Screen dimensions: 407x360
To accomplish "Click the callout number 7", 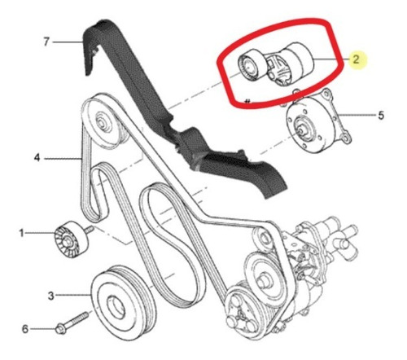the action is pyautogui.click(x=46, y=42).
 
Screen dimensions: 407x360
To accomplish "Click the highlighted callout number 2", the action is pyautogui.click(x=356, y=59).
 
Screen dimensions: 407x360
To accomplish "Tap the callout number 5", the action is pyautogui.click(x=381, y=116).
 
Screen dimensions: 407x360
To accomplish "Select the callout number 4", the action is pyautogui.click(x=37, y=158).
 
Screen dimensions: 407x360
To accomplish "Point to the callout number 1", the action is pyautogui.click(x=21, y=233).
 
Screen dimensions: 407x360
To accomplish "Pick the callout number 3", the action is pyautogui.click(x=51, y=296).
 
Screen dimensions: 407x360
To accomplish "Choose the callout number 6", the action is pyautogui.click(x=25, y=329).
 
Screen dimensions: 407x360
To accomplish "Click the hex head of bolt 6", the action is pyautogui.click(x=61, y=330).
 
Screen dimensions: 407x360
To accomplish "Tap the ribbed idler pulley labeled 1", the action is pyautogui.click(x=71, y=239).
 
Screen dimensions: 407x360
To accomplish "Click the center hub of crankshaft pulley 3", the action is pyautogui.click(x=116, y=308).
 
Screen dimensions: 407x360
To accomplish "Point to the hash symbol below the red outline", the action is pyautogui.click(x=247, y=102).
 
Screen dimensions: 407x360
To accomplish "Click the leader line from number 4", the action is pyautogui.click(x=63, y=158).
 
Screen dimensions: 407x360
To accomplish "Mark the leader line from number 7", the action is pyautogui.click(x=68, y=42).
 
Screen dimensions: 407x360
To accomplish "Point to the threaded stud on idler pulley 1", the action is pyautogui.click(x=90, y=230).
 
